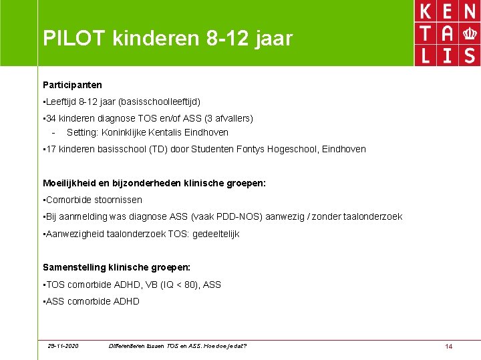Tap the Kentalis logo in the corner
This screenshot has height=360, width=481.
(x=447, y=33)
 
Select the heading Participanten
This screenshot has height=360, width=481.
(x=72, y=85)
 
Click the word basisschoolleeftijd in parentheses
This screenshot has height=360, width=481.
(x=159, y=102)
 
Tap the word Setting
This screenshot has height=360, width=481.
(x=82, y=132)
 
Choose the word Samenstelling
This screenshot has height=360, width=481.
(x=75, y=267)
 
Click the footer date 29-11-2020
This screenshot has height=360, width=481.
(x=63, y=346)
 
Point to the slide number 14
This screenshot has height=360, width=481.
(x=449, y=346)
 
